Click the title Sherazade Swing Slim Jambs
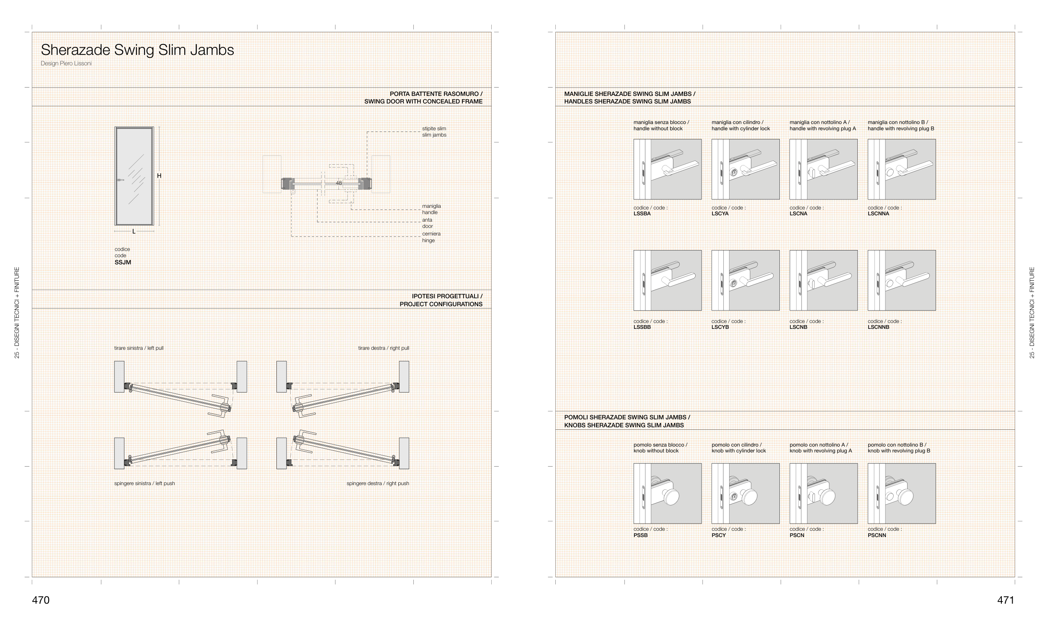coord(137,50)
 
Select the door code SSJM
coord(123,262)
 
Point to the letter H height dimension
coord(159,176)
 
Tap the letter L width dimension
coord(134,231)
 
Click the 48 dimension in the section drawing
coord(339,183)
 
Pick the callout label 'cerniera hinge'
coord(431,237)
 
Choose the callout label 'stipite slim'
coord(434,129)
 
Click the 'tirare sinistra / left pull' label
coord(139,348)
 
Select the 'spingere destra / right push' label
coord(378,483)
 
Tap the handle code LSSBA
coord(642,214)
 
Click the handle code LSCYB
coord(720,327)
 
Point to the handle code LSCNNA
coord(878,214)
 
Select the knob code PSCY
coord(719,535)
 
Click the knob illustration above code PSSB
coord(668,493)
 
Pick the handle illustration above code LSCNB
coord(823,280)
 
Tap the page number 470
coord(41,600)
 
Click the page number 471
coord(1006,600)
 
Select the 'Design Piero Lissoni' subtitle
coord(66,64)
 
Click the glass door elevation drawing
coord(134,176)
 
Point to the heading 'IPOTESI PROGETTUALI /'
coord(447,296)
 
